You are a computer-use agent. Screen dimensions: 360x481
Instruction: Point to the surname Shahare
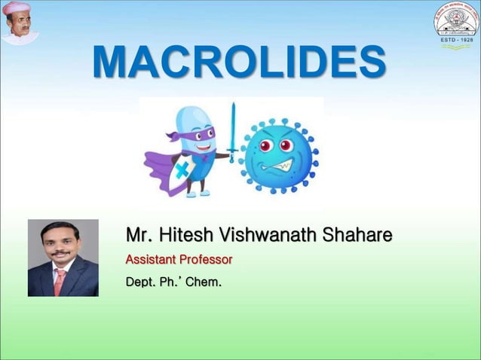click(x=357, y=236)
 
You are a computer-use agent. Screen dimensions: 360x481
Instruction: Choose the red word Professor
click(x=208, y=260)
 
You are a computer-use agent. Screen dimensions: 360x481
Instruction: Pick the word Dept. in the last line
click(x=142, y=283)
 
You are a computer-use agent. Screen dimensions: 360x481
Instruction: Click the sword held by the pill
click(x=233, y=131)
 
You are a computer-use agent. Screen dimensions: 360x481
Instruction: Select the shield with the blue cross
click(x=175, y=175)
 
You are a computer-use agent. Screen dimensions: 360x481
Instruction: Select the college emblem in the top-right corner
click(x=454, y=22)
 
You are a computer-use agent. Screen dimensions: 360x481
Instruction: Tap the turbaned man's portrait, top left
click(x=20, y=22)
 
